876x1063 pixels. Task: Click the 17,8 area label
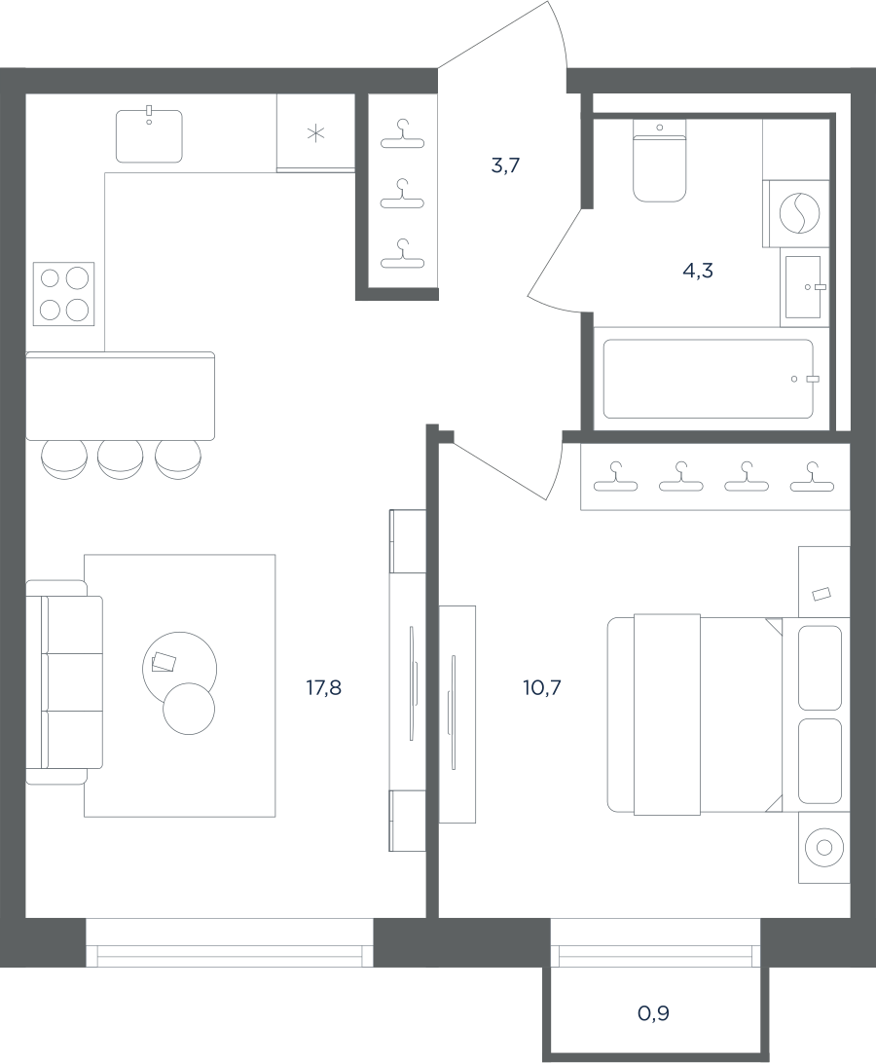tap(323, 688)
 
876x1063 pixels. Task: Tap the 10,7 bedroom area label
tap(542, 688)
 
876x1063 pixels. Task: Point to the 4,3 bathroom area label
tap(698, 272)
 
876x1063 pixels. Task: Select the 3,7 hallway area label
tap(505, 165)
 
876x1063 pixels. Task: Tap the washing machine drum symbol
tap(799, 213)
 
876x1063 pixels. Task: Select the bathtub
tap(708, 379)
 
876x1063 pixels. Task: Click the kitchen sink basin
tap(149, 136)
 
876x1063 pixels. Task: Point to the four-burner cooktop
tap(63, 294)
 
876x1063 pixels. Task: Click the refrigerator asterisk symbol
tap(316, 133)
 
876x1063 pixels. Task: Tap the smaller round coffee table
tap(189, 709)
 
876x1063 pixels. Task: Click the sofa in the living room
tap(63, 682)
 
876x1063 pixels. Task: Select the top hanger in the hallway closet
tap(403, 133)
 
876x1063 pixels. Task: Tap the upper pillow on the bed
tap(820, 668)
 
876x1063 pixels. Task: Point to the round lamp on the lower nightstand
tap(823, 848)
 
